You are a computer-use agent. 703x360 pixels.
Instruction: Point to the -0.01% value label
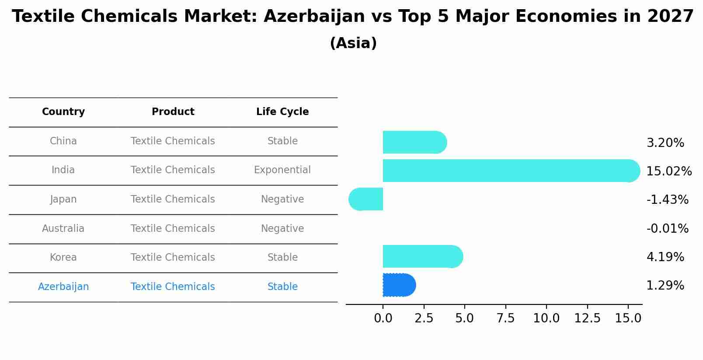[667, 228]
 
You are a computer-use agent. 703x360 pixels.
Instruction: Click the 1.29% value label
[665, 286]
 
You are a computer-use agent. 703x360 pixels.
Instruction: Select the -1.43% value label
[667, 199]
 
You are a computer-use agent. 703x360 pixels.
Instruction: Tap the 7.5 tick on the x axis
[505, 318]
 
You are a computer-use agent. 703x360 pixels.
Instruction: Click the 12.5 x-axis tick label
[587, 318]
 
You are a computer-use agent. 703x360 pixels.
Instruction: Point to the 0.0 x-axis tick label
[383, 318]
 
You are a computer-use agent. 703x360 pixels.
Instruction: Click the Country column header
[63, 112]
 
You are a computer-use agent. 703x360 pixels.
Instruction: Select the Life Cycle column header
[282, 112]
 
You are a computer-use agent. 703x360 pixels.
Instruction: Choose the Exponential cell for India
[282, 170]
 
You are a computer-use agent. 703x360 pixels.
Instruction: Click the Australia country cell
[63, 228]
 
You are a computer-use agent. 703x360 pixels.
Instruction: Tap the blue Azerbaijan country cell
[63, 287]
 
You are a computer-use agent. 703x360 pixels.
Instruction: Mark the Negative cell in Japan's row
[282, 199]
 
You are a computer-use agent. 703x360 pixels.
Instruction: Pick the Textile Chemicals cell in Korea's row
[173, 257]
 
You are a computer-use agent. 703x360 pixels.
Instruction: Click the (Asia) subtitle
[353, 43]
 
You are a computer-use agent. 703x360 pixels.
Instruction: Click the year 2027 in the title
[670, 17]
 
